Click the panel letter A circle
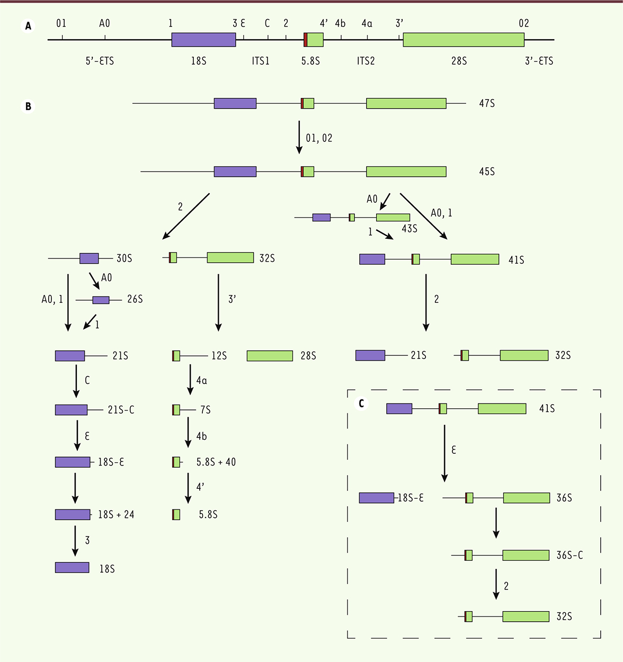click(28, 26)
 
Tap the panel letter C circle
click(361, 404)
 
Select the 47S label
click(487, 103)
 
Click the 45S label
click(487, 172)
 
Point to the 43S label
click(409, 229)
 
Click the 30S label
click(124, 258)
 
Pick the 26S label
click(135, 299)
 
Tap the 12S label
click(219, 356)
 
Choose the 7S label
click(206, 410)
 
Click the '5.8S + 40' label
click(216, 462)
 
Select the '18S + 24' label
click(116, 515)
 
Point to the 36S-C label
click(569, 556)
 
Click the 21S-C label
click(121, 410)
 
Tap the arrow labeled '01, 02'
click(299, 137)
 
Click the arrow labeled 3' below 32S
click(218, 303)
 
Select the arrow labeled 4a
click(190, 379)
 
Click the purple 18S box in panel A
click(204, 40)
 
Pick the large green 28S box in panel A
click(464, 40)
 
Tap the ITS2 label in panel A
click(366, 61)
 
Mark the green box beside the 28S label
click(270, 356)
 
